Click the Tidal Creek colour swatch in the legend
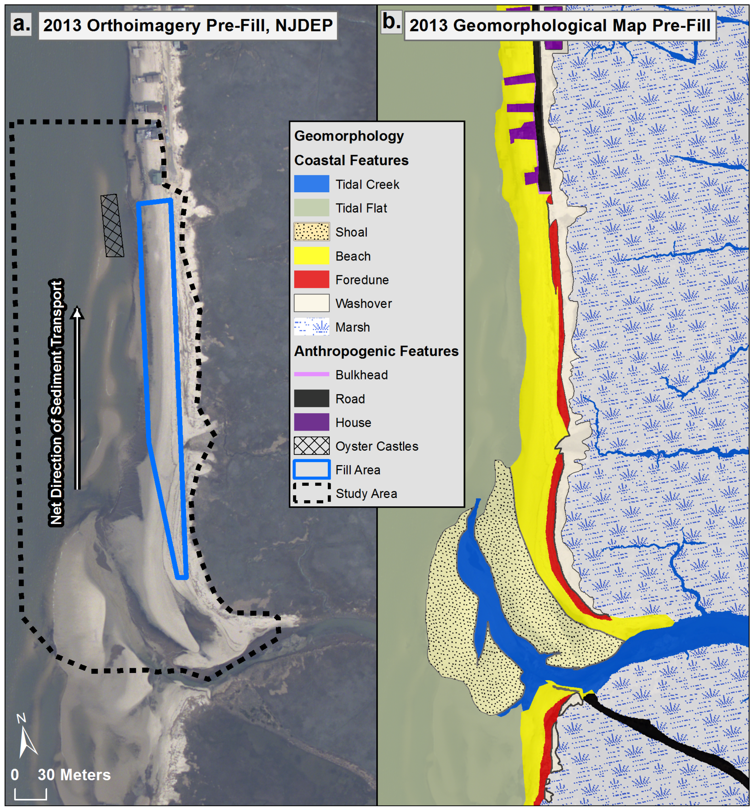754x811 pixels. pos(311,184)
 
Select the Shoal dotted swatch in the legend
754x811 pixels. pos(311,232)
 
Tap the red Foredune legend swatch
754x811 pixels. pos(311,279)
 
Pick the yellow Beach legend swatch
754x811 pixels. pos(311,256)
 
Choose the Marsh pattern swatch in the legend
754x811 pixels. pos(311,327)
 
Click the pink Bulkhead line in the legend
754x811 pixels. pos(311,374)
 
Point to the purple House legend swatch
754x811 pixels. pos(311,422)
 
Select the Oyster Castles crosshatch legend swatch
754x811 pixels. pos(311,446)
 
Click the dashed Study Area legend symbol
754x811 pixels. pos(311,493)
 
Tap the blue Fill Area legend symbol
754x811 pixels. pos(311,469)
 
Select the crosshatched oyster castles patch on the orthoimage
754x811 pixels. pos(112,225)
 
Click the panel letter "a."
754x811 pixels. pos(21,24)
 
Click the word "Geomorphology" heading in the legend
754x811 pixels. pos(349,136)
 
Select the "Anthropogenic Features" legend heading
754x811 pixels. pos(376,351)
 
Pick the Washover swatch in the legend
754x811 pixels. pos(311,303)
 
